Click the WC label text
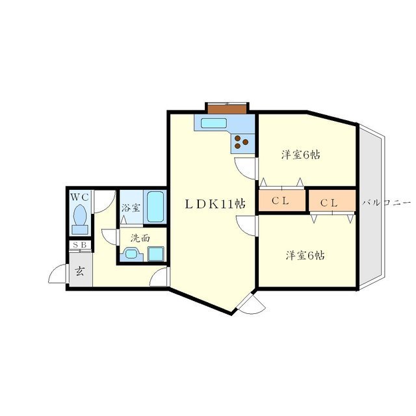80,196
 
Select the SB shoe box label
80,245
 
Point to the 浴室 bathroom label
131,208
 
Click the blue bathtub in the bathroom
155,207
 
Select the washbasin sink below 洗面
131,254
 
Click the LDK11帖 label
214,203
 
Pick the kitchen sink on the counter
213,123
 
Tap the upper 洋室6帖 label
300,155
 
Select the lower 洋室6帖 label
304,255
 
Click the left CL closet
281,201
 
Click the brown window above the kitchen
227,105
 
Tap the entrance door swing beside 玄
57,275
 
